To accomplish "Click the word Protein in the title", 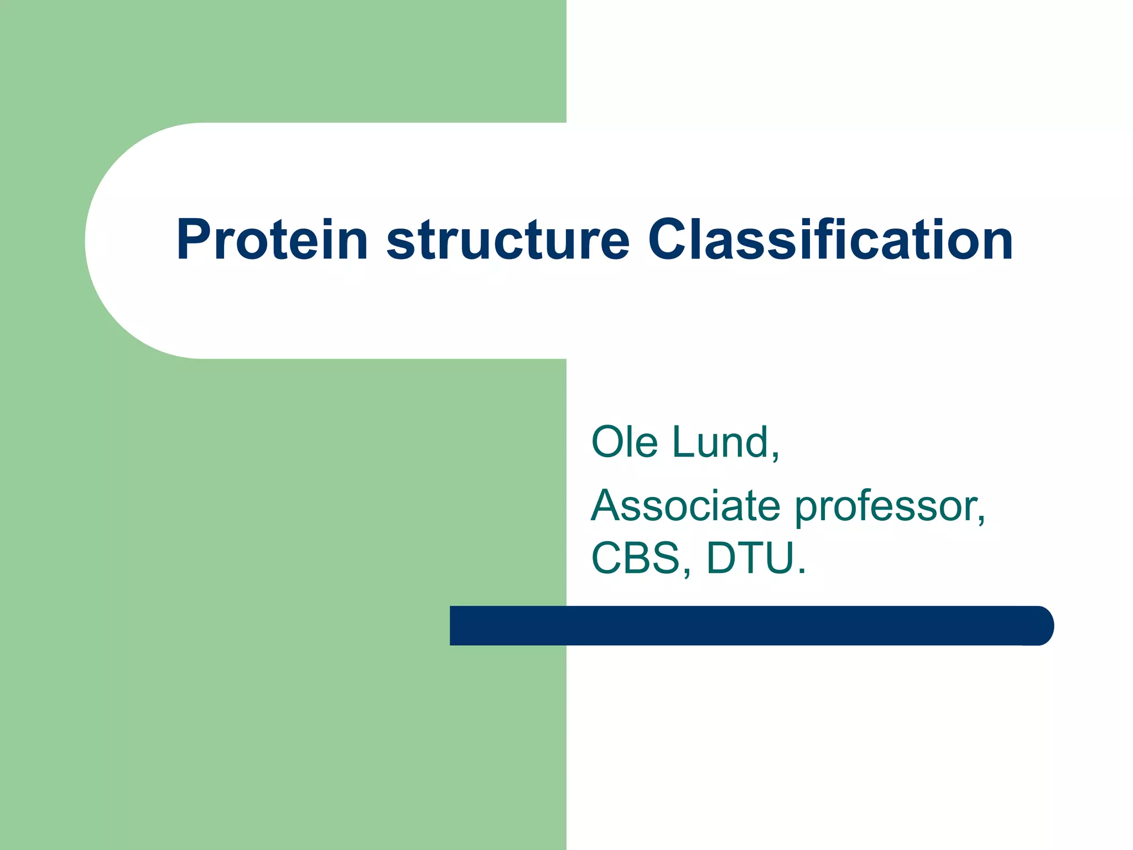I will pyautogui.click(x=272, y=240).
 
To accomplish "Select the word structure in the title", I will pyautogui.click(x=508, y=240).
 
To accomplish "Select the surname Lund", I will pyautogui.click(x=720, y=442).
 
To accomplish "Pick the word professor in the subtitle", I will pyautogui.click(x=885, y=508).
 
